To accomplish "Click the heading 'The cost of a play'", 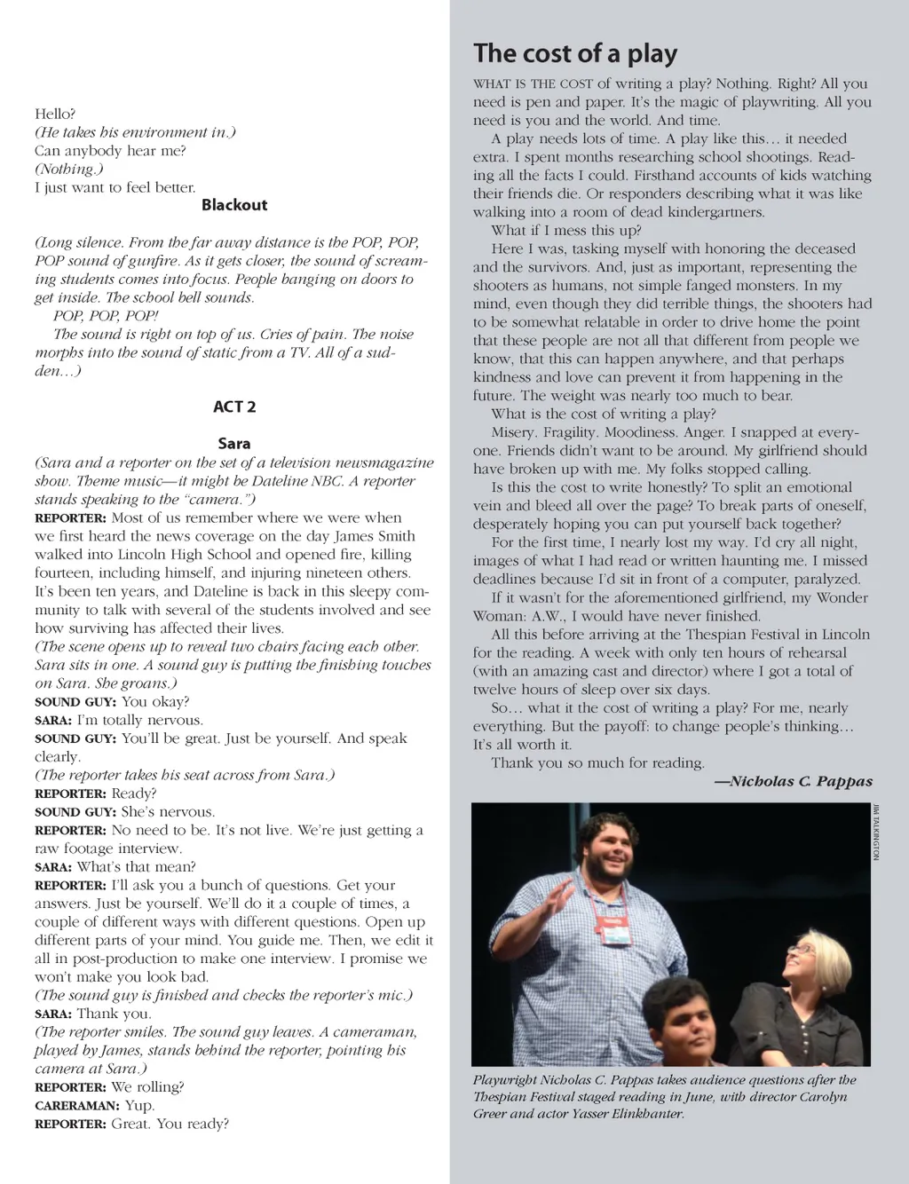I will coord(574,53).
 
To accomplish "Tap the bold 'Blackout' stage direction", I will coord(233,205).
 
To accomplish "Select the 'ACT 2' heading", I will coord(233,407).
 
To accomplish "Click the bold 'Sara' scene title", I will coord(233,443).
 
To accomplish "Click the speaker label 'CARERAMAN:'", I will coord(76,1106).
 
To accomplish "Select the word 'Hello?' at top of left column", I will coord(55,114).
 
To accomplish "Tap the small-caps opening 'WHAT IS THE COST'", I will coord(533,84).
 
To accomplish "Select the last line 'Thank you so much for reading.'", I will coord(597,762).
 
